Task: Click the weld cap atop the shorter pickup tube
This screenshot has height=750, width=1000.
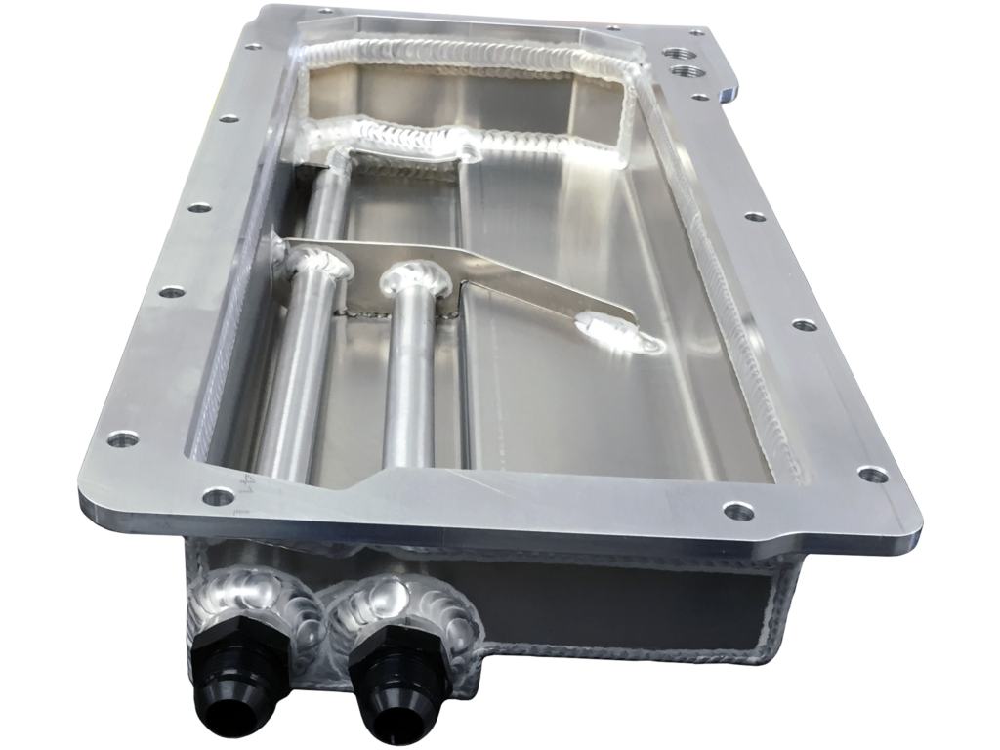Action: [x=418, y=279]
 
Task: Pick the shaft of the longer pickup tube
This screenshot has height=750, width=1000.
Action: [x=288, y=371]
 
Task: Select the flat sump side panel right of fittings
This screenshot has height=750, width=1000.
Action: [x=625, y=605]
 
